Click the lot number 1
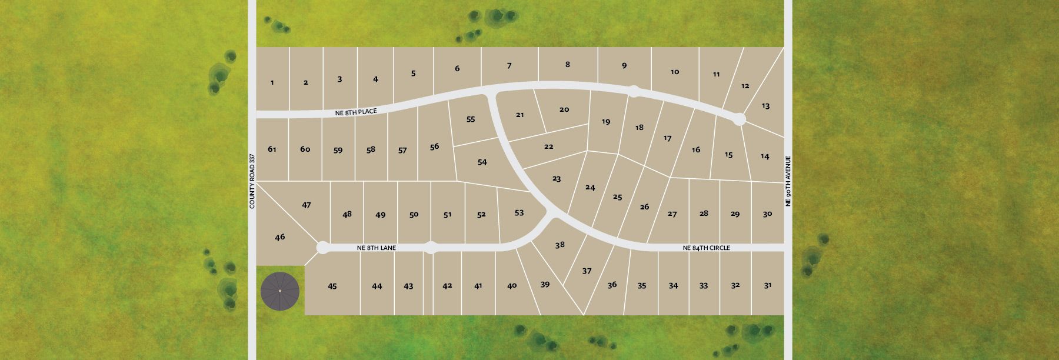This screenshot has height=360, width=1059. (272, 83)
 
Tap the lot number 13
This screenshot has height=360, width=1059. (765, 106)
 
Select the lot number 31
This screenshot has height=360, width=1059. (768, 285)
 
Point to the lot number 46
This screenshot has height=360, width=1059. (280, 237)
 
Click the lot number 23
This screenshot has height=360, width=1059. (557, 179)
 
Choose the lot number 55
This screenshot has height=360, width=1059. (471, 119)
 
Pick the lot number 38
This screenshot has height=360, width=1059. (560, 245)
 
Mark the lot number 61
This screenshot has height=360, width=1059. (272, 149)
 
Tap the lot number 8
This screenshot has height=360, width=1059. (568, 65)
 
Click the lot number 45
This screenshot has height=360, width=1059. (332, 286)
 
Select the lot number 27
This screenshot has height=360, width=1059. (672, 214)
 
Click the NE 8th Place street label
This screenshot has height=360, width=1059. (356, 111)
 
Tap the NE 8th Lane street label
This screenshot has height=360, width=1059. (377, 248)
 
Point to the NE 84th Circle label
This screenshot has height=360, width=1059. (706, 248)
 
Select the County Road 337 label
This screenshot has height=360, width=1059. (252, 181)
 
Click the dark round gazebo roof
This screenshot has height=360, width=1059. (280, 291)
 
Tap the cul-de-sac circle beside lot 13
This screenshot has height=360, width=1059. (740, 119)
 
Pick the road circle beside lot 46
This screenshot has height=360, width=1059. (322, 248)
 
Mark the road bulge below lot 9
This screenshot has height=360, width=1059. (634, 91)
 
